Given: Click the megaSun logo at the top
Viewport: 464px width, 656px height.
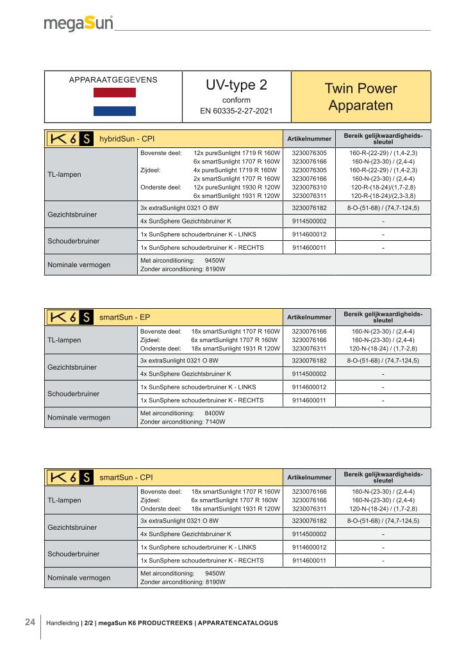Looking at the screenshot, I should click(78, 23).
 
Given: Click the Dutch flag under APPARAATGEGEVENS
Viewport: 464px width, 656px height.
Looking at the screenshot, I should click(115, 102).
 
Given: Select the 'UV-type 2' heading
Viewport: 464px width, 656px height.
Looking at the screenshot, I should click(236, 85).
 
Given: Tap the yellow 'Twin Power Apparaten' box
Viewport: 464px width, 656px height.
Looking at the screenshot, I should click(360, 97).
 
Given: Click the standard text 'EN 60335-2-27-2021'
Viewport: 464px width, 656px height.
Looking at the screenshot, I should click(236, 111).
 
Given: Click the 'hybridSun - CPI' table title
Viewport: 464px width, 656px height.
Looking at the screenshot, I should click(127, 138).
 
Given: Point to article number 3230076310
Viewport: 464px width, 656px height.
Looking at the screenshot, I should click(309, 187).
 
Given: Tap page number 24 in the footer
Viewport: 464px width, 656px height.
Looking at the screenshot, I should click(30, 622).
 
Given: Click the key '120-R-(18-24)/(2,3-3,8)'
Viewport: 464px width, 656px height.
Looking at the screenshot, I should click(383, 196).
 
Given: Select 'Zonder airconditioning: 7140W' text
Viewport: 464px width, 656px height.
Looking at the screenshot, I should click(183, 422).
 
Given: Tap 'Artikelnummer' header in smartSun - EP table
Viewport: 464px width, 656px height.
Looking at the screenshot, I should click(309, 317).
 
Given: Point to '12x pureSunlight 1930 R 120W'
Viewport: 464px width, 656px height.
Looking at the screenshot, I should click(237, 187).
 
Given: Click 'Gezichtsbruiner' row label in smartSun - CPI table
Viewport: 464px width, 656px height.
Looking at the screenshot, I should click(72, 527).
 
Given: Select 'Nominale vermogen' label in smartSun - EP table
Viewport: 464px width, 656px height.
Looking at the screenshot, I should click(79, 418).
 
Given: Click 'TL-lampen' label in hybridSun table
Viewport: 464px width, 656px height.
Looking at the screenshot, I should click(64, 174).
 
